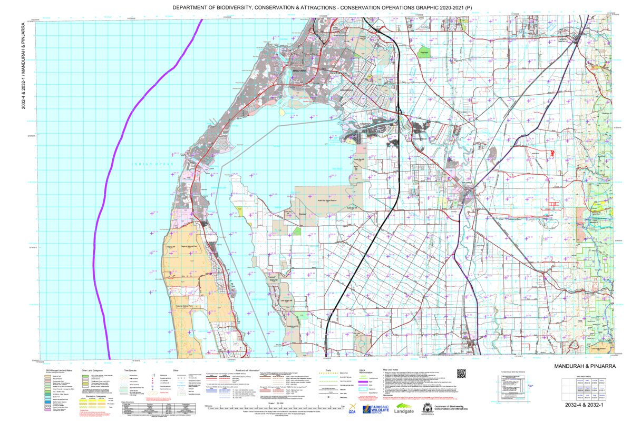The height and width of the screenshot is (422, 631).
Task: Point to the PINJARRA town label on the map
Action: (468, 183)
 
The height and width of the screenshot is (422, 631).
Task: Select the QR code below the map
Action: (461, 374)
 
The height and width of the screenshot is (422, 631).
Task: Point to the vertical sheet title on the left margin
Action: (23, 66)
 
